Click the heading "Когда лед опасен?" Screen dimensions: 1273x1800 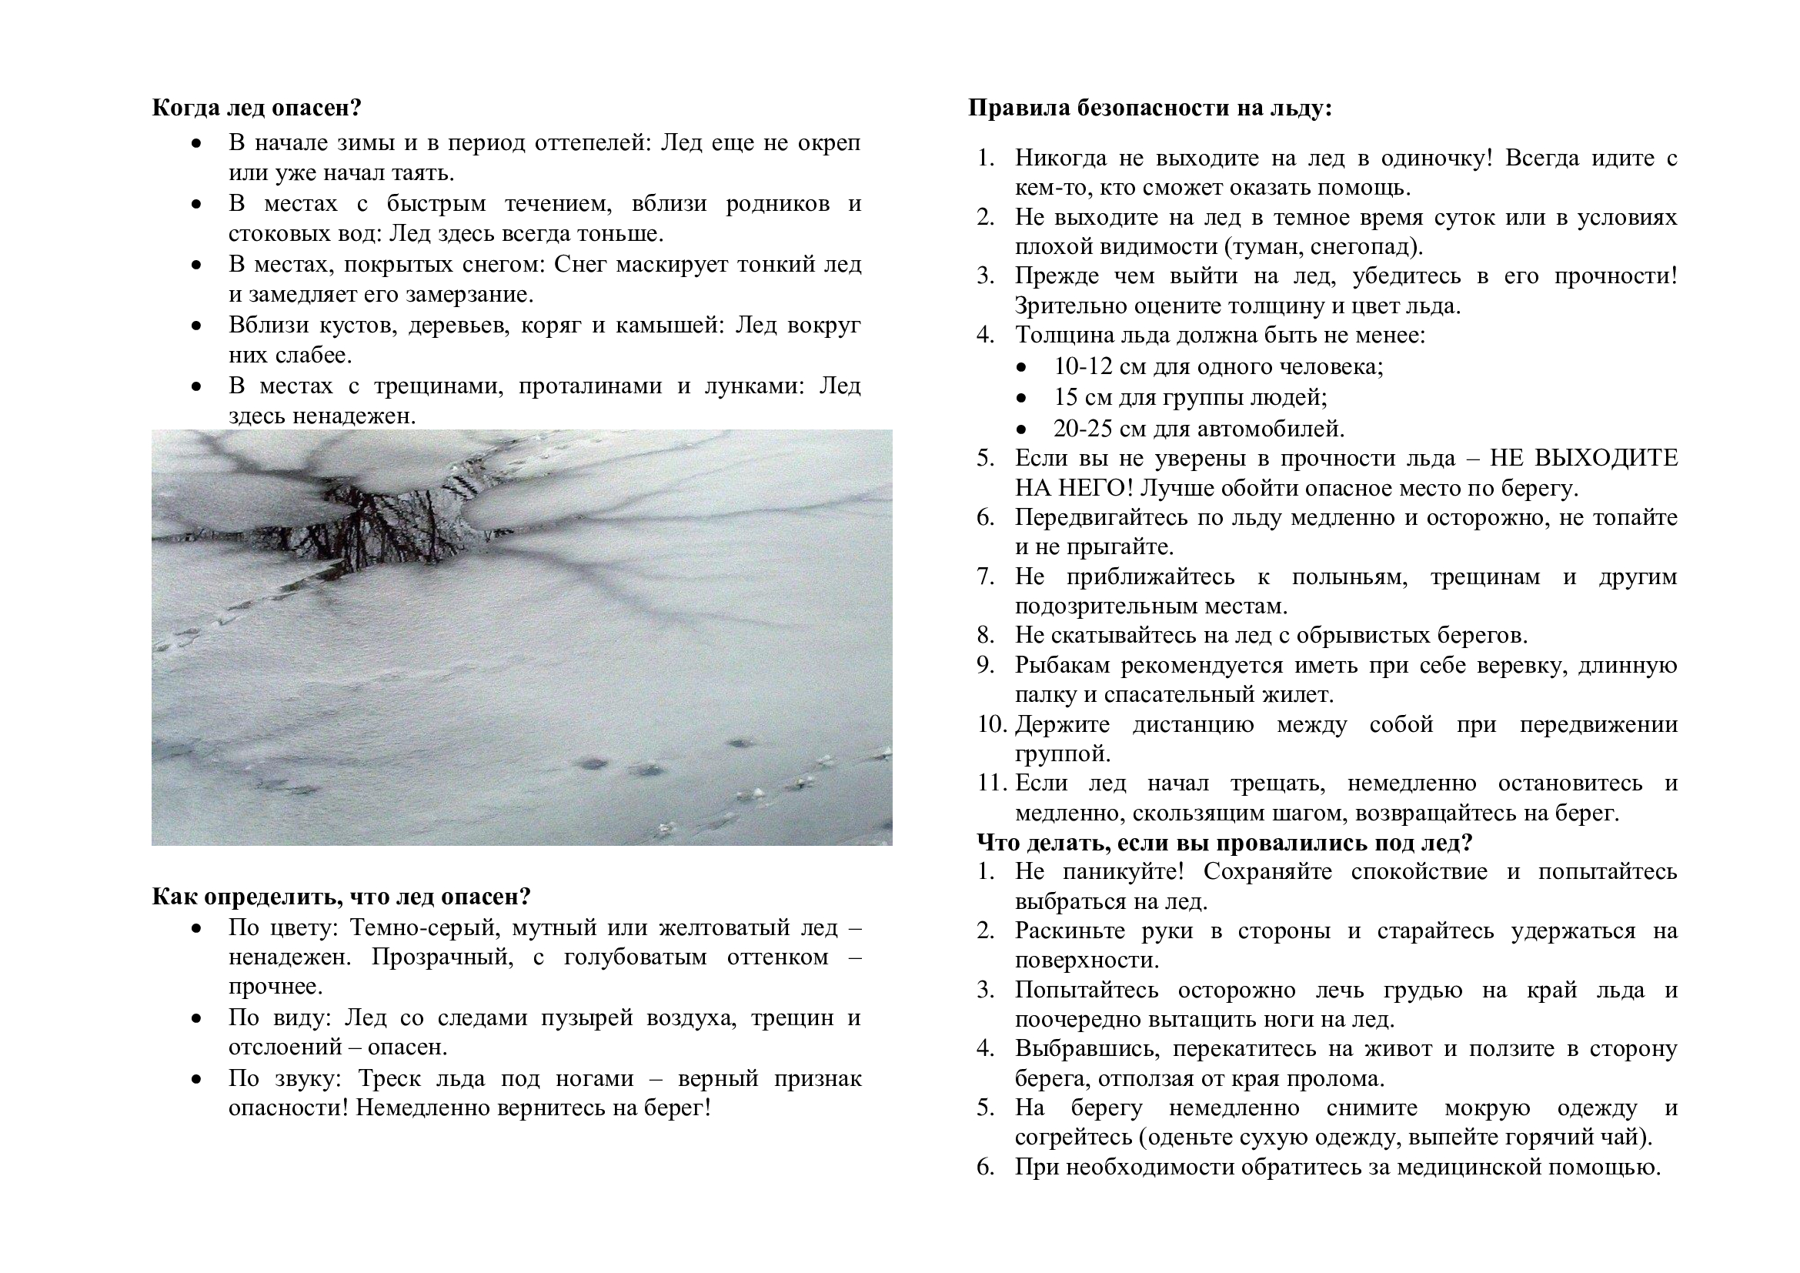click(x=256, y=108)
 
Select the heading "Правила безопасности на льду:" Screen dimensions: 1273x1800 click(x=1149, y=108)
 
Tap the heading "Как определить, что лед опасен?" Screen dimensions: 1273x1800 click(x=341, y=896)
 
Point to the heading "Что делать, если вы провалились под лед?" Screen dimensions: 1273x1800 click(x=1224, y=843)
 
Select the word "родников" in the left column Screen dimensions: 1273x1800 click(x=777, y=204)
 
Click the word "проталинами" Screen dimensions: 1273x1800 click(x=589, y=386)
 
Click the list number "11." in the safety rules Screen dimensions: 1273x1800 click(x=992, y=782)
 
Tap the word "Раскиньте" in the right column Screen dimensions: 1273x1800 click(x=1069, y=931)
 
